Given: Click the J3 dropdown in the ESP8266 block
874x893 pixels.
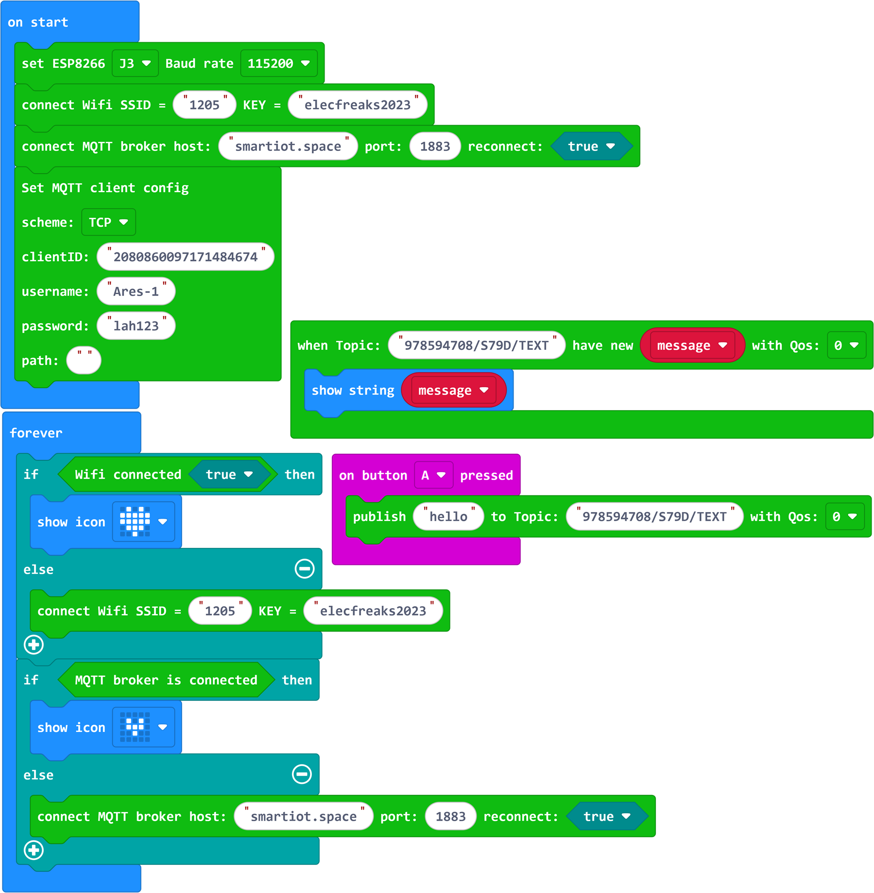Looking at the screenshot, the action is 135,63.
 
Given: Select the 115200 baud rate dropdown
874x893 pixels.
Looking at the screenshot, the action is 279,63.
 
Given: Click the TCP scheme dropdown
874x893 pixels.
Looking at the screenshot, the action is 108,222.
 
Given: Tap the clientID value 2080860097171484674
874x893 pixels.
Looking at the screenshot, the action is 186,257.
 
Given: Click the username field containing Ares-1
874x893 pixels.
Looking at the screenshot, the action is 136,291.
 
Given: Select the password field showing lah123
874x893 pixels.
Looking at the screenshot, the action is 136,326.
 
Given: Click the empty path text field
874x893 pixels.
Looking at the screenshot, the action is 84,360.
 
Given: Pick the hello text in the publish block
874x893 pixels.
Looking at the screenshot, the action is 448,516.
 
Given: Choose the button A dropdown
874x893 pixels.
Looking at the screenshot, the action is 434,475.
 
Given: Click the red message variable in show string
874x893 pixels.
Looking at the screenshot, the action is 454,390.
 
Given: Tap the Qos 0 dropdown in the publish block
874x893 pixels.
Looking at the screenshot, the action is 845,516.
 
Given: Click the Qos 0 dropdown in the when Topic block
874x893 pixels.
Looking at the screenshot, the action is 847,345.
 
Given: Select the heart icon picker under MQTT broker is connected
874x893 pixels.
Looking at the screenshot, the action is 143,727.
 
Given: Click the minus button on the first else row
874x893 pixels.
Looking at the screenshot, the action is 305,568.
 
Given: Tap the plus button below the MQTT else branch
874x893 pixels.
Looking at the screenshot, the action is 34,850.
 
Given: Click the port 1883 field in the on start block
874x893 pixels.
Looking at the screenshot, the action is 435,146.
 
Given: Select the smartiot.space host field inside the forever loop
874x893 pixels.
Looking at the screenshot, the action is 304,816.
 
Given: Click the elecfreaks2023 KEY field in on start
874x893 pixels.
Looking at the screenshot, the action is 358,105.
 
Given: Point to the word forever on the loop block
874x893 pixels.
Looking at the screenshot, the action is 36,433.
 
